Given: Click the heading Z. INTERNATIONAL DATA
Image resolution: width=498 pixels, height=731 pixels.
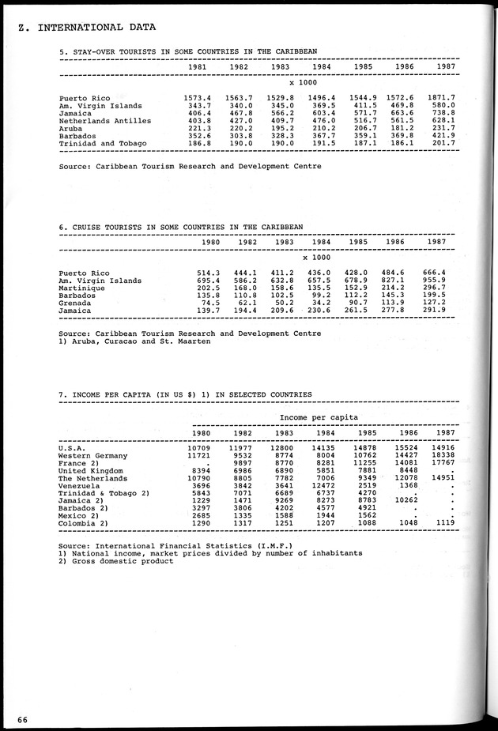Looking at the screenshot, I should (x=85, y=28).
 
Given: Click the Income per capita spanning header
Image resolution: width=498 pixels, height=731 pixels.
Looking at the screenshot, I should (x=319, y=417).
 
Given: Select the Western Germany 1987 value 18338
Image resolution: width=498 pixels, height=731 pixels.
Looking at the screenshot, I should (x=442, y=455).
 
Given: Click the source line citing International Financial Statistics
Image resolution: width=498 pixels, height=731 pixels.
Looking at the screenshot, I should (x=165, y=546).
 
